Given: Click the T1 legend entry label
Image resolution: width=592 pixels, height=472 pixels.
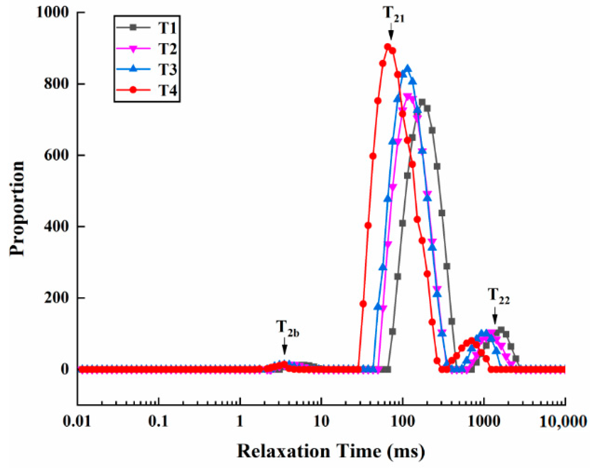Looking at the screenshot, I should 167,28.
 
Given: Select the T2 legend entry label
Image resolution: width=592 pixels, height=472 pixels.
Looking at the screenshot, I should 167,49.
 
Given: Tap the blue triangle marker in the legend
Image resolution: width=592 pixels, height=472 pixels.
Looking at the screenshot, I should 133,69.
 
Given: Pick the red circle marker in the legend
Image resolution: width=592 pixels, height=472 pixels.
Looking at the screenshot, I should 133,90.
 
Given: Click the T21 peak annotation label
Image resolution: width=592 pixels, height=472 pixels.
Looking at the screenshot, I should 393,14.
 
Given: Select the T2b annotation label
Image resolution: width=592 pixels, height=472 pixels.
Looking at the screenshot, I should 288,328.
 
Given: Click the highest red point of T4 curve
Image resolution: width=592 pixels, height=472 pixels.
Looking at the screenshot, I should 388,46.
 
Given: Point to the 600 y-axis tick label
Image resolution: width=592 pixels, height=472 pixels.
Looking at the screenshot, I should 57,155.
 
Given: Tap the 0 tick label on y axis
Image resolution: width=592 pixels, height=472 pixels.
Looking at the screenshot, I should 65,369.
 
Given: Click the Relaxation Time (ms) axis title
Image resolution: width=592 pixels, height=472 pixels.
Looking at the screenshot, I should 331,451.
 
